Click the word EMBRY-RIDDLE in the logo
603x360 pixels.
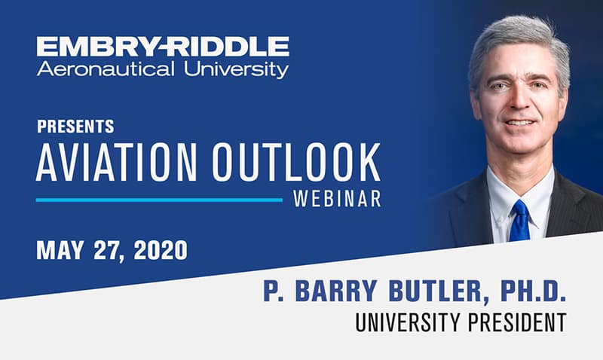pyautogui.click(x=163, y=47)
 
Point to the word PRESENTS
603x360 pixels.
pyautogui.click(x=75, y=126)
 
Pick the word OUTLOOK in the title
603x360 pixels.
pyautogui.click(x=296, y=160)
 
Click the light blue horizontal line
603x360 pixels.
pyautogui.click(x=158, y=200)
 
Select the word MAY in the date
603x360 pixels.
pyautogui.click(x=63, y=250)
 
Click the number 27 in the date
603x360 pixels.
pyautogui.click(x=112, y=250)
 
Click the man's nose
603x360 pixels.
pyautogui.click(x=519, y=102)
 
